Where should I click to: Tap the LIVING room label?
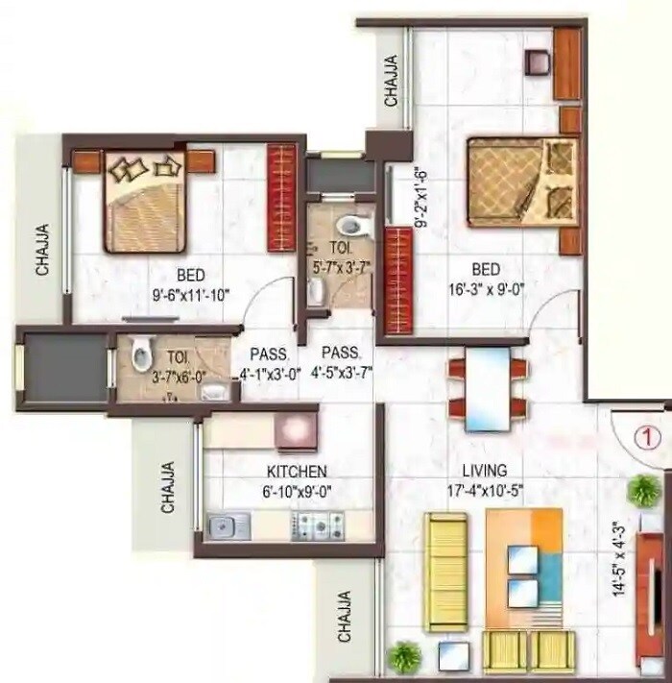point(486,472)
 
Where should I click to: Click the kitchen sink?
point(229,525)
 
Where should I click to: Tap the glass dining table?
point(488,388)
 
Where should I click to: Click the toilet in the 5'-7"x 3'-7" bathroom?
point(354,227)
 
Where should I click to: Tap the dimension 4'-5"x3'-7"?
point(343,369)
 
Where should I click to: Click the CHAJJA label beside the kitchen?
point(168,487)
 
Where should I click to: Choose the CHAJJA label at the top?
point(392,80)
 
